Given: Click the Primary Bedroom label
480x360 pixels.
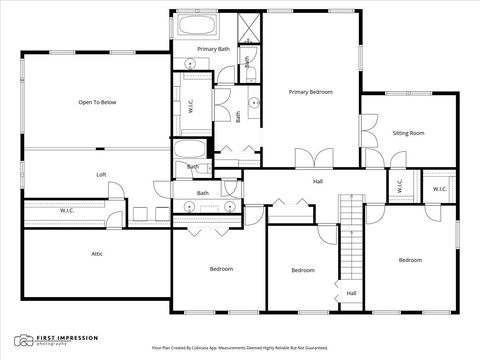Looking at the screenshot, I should click(311, 92).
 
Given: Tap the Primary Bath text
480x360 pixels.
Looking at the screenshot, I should click(213, 49).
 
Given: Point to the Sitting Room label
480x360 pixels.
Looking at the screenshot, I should click(408, 132).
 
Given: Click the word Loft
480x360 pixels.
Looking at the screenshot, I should click(101, 174).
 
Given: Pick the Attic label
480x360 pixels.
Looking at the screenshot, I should click(97, 253).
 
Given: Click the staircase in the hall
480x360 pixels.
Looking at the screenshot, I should click(349, 237).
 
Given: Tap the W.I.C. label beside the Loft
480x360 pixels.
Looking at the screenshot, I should click(67, 210).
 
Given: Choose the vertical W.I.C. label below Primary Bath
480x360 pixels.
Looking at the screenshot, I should click(191, 102).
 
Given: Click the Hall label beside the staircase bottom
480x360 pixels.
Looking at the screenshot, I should click(351, 293).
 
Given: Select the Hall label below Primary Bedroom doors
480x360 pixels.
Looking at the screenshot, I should click(318, 181).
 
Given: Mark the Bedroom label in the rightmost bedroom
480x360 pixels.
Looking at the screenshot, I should click(410, 260).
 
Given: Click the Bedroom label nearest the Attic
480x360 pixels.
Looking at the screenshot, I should click(221, 269).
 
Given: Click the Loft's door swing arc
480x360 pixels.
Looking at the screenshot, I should click(114, 190).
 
